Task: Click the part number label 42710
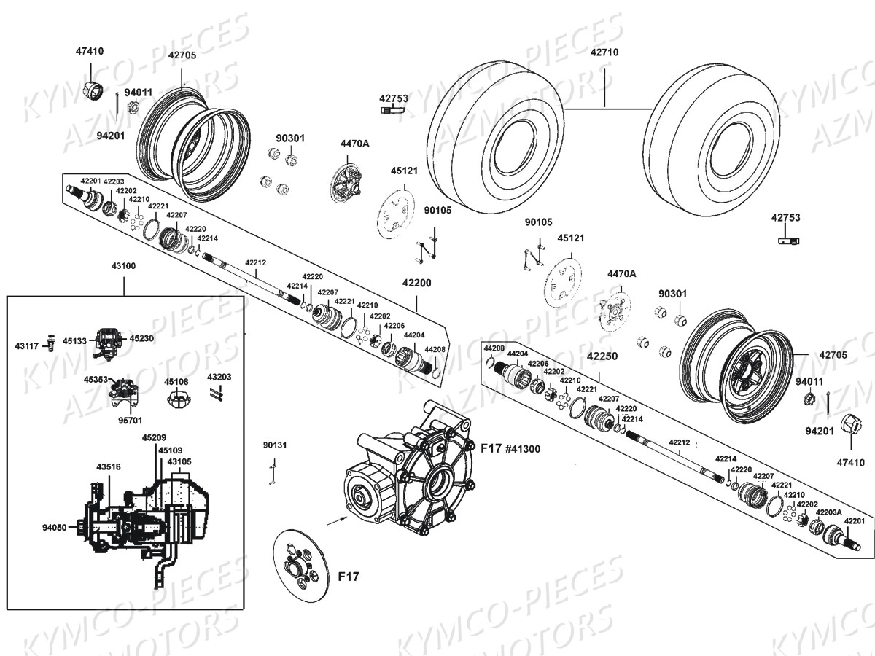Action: coord(604,52)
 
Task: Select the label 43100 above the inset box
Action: coord(123,266)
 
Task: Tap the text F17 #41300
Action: coord(510,449)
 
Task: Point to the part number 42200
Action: coord(416,283)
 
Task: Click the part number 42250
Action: coord(602,356)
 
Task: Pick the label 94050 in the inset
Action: coord(55,527)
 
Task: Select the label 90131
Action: coord(275,445)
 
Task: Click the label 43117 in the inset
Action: coord(27,346)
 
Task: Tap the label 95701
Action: coord(130,421)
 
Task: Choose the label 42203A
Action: coord(829,512)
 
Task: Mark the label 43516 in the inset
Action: coord(109,466)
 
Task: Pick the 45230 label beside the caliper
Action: coord(141,338)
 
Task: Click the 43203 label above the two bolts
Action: coord(219,377)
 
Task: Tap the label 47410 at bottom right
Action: coord(851,462)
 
